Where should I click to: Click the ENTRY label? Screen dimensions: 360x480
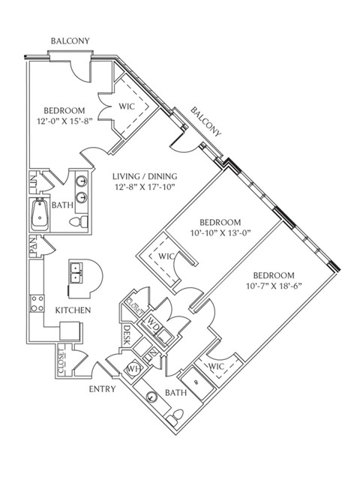click(102, 389)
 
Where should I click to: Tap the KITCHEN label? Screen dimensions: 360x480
click(73, 310)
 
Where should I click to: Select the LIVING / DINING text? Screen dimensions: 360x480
click(145, 176)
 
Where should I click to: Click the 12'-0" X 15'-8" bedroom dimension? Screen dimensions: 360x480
click(64, 121)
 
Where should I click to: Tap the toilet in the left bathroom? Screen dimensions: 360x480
click(78, 221)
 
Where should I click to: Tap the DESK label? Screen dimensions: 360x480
click(127, 335)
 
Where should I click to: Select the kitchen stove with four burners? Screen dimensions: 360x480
click(37, 303)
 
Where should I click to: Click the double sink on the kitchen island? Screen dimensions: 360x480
click(75, 273)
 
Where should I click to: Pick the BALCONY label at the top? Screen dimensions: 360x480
click(70, 40)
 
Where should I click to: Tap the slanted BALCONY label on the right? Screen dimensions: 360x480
click(205, 121)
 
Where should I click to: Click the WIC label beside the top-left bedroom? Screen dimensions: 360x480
click(127, 106)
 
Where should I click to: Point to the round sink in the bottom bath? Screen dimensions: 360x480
click(151, 397)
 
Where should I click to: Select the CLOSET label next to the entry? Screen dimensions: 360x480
click(61, 361)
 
